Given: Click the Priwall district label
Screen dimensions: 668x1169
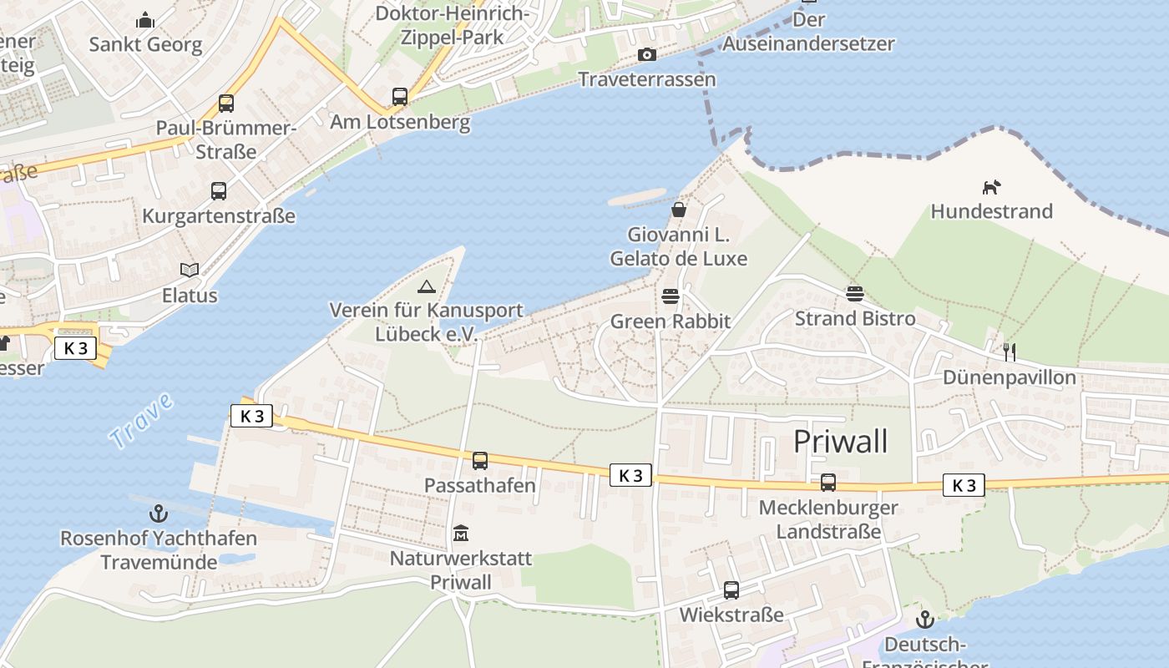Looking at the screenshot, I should [x=840, y=441].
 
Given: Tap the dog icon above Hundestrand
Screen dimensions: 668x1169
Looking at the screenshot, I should [x=991, y=187].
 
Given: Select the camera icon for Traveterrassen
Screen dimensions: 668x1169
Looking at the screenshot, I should [x=646, y=55].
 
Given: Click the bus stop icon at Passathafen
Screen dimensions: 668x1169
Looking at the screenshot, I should [x=479, y=460].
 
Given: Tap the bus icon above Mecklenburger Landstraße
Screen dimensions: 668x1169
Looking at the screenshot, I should [x=827, y=482].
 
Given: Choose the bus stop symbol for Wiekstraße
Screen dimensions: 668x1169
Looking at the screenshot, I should [x=731, y=590].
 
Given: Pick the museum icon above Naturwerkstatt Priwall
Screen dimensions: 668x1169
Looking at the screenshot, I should [x=460, y=533].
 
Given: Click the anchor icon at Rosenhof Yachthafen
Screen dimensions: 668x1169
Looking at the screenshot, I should [x=158, y=514].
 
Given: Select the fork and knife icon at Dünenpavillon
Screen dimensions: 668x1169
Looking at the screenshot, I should [x=1009, y=352].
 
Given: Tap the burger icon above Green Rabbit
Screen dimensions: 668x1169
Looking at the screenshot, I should [x=670, y=296].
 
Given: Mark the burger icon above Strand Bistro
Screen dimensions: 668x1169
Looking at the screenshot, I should [x=854, y=293].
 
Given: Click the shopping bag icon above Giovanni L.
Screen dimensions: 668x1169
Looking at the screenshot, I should [x=678, y=210].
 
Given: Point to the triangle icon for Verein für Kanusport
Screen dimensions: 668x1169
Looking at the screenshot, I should [x=427, y=286].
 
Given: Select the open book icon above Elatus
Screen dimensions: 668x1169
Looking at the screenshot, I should [x=190, y=270].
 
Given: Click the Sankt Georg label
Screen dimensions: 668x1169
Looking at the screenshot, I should [x=146, y=44].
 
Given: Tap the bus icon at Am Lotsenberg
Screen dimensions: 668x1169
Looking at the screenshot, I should [x=400, y=97].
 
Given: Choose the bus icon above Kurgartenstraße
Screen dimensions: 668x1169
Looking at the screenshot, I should [x=218, y=191].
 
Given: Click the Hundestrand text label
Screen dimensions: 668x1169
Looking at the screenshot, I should [x=991, y=211].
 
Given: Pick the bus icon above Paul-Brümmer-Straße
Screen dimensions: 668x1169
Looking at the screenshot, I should [x=225, y=104].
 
